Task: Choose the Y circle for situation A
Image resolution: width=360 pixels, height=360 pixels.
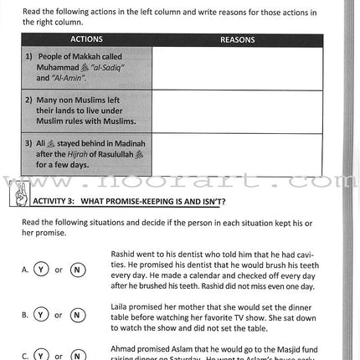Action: coord(40,270)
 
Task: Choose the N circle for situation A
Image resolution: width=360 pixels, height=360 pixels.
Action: coord(77,270)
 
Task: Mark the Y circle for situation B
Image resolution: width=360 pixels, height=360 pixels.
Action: coord(40,315)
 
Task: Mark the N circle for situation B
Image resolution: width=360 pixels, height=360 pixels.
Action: coord(77,315)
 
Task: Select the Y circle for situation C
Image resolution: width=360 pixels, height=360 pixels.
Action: coord(40,355)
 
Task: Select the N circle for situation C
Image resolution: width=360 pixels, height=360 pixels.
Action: coord(77,355)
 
